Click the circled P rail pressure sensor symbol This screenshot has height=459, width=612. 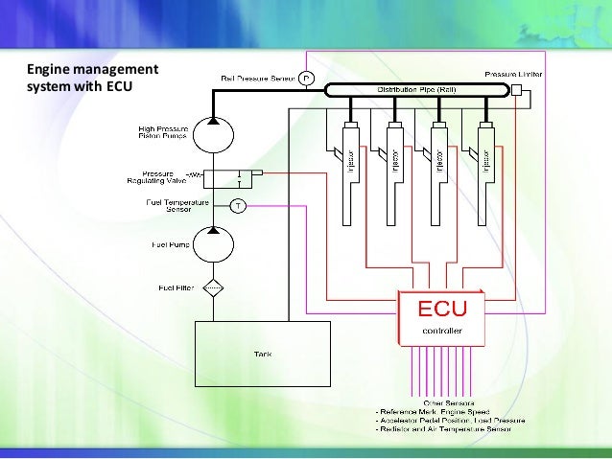click(306, 78)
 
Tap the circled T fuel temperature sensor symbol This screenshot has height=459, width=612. click(239, 205)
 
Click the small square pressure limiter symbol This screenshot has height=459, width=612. click(516, 90)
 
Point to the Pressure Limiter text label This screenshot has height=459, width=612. click(513, 73)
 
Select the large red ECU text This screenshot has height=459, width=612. click(441, 310)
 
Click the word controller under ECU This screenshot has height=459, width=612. click(442, 331)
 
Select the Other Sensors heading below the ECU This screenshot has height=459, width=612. click(442, 402)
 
